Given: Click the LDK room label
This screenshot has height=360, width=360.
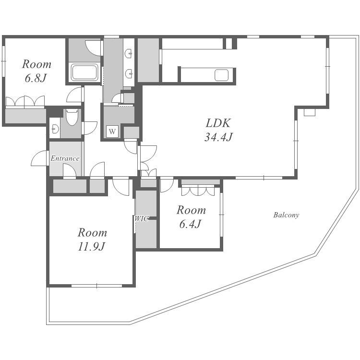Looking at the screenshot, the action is tap(217, 123).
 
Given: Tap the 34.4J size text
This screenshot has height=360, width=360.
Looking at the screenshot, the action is tap(218, 137).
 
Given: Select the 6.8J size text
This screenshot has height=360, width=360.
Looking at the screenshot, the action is tap(36, 78).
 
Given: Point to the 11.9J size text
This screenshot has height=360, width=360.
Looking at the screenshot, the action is tap(91, 247).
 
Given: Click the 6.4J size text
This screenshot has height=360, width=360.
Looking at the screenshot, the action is tap(191, 224).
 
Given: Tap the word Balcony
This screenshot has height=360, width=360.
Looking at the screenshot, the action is tap(286, 215).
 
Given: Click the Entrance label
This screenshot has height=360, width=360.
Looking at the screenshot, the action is tap(65, 158).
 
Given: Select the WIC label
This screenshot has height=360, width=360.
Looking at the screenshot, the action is tap(142, 219).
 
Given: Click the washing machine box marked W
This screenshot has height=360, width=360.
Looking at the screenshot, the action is tap(112, 132).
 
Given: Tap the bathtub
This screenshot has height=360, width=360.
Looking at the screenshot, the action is tap(84, 72).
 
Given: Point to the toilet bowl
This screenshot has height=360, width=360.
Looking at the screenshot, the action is tap(72, 117).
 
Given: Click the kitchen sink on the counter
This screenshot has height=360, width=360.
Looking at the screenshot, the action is tap(222, 75).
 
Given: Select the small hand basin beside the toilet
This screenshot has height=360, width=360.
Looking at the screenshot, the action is tap(55, 129).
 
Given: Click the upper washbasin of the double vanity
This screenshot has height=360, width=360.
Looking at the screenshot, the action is tap(128, 54).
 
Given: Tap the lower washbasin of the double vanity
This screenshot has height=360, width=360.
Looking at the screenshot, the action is tap(129, 74).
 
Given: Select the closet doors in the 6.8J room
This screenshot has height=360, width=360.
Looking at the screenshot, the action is tap(25, 101).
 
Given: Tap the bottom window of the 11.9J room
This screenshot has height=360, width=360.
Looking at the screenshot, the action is tap(96, 286).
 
